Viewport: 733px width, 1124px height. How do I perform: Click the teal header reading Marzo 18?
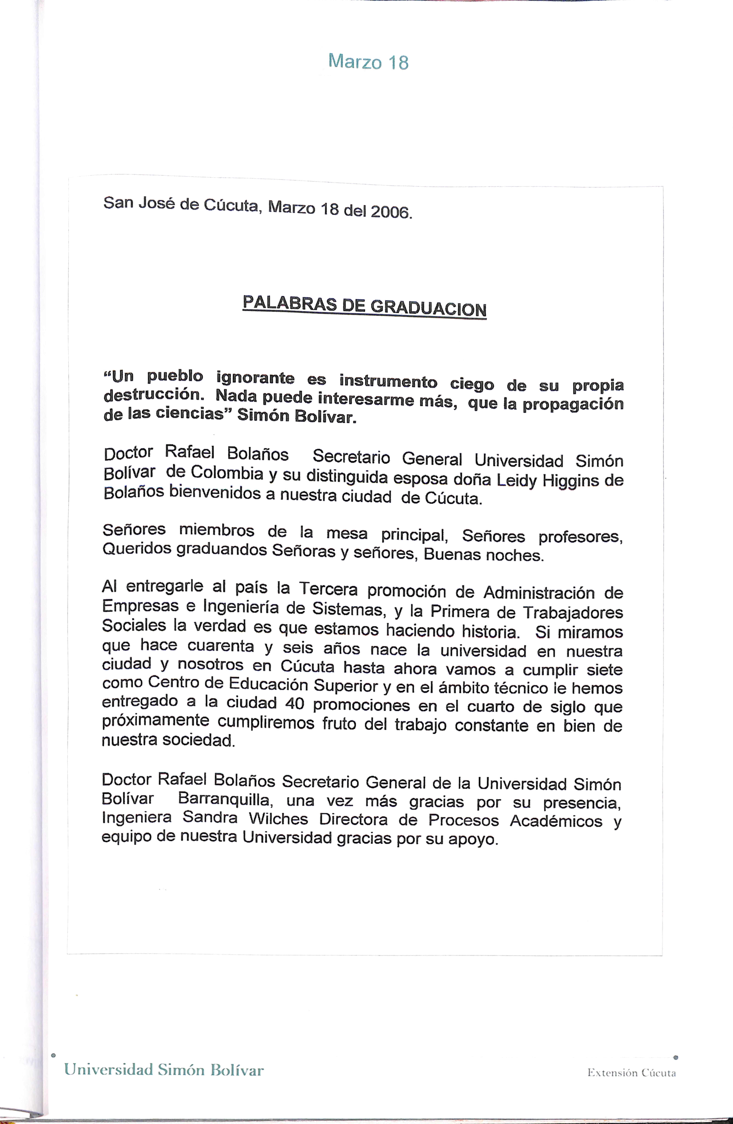(x=368, y=62)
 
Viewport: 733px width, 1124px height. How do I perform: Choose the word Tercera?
(x=328, y=589)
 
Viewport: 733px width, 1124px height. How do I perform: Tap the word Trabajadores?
(x=573, y=613)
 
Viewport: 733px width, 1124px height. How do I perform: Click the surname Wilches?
(x=278, y=818)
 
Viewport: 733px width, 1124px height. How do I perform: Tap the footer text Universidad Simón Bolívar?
(x=164, y=1070)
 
